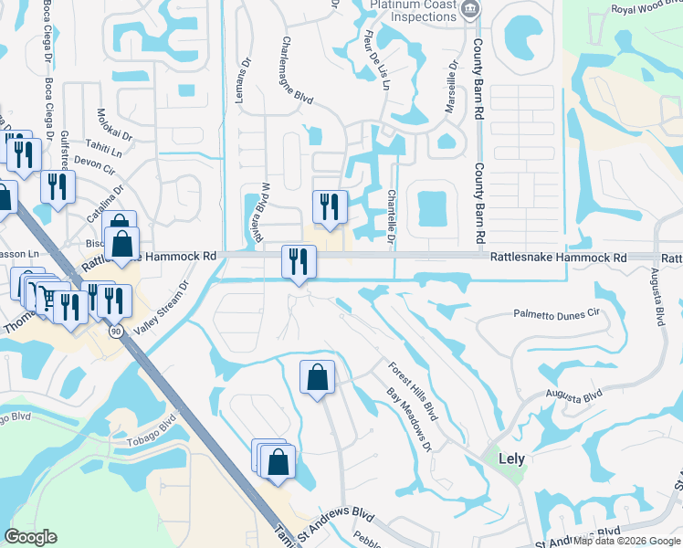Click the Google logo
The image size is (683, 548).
(30, 537)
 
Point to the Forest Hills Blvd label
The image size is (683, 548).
(412, 391)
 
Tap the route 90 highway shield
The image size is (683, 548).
(117, 331)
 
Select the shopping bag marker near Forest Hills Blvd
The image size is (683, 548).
(317, 376)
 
